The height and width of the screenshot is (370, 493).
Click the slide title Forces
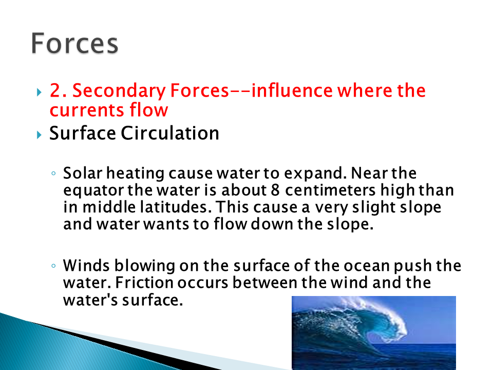74,43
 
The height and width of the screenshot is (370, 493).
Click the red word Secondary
119,91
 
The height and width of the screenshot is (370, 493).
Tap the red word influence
291,90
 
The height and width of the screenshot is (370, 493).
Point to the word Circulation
170,133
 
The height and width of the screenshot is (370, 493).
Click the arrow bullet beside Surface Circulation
39,135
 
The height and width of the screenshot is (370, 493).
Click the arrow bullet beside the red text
39,92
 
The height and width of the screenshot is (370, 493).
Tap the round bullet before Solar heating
53,173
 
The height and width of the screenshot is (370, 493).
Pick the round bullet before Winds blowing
53,266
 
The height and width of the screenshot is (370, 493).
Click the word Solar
83,173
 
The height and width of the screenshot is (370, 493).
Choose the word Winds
86,266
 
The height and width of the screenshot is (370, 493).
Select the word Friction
144,283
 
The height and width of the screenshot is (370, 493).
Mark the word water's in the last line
90,300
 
